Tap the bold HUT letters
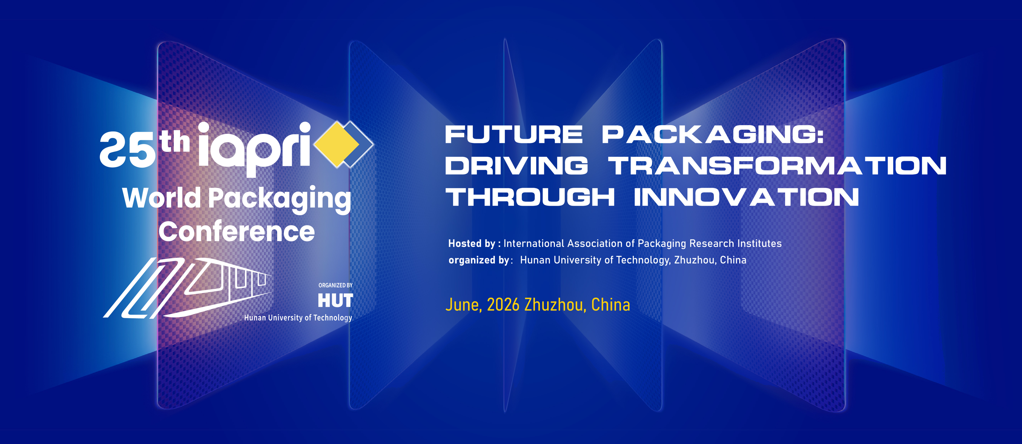point(335,301)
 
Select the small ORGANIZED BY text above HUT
point(335,285)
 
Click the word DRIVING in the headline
point(517,166)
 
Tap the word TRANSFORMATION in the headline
point(777,166)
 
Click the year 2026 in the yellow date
point(503,305)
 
